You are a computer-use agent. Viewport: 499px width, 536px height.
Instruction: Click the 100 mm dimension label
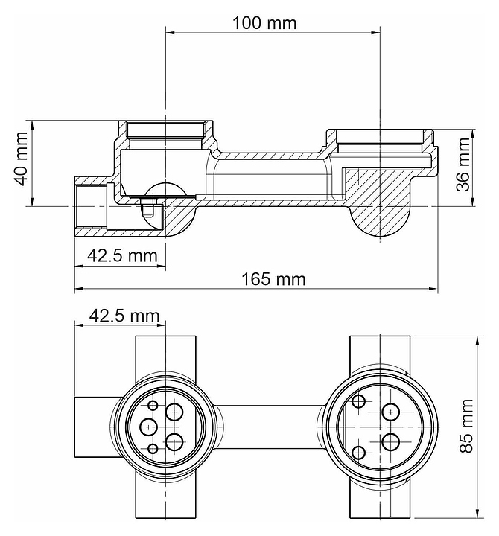[264, 23]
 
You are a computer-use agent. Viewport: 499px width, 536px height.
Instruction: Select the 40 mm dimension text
[20, 159]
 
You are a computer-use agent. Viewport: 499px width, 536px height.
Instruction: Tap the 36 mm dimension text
[464, 164]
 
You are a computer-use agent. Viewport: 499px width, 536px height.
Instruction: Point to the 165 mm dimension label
[273, 279]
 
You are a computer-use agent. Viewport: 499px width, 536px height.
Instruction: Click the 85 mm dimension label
[466, 426]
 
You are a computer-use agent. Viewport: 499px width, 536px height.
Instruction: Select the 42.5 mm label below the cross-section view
[122, 255]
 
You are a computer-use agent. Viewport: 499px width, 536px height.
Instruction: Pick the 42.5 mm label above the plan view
[124, 316]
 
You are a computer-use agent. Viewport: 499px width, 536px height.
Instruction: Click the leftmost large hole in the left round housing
[148, 427]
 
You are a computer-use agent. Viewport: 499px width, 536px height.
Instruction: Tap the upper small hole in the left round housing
[153, 406]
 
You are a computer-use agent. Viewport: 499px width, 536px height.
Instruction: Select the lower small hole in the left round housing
[153, 448]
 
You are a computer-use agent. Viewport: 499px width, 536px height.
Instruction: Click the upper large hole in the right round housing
[390, 412]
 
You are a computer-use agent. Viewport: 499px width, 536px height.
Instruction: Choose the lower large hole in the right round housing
[390, 442]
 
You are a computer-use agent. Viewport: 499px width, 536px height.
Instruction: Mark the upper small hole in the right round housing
[358, 401]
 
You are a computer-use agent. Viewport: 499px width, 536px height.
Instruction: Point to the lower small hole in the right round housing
[358, 453]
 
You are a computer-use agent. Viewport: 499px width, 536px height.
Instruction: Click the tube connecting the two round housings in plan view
[270, 427]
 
